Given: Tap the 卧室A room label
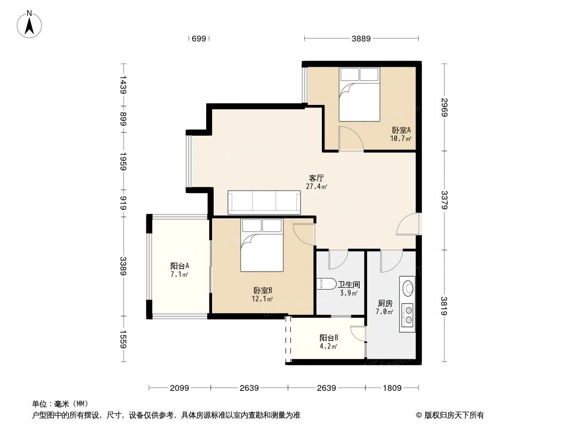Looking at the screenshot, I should (x=401, y=130).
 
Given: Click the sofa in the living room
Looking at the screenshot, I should (x=264, y=202).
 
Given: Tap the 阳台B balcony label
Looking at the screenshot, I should (x=329, y=338).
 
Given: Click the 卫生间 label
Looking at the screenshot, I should (x=348, y=284).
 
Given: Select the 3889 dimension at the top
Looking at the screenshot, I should (x=361, y=38).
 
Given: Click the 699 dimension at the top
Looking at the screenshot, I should (x=198, y=38).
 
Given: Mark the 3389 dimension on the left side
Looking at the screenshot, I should (x=124, y=266).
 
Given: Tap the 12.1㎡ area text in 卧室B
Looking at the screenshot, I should (x=263, y=299).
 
